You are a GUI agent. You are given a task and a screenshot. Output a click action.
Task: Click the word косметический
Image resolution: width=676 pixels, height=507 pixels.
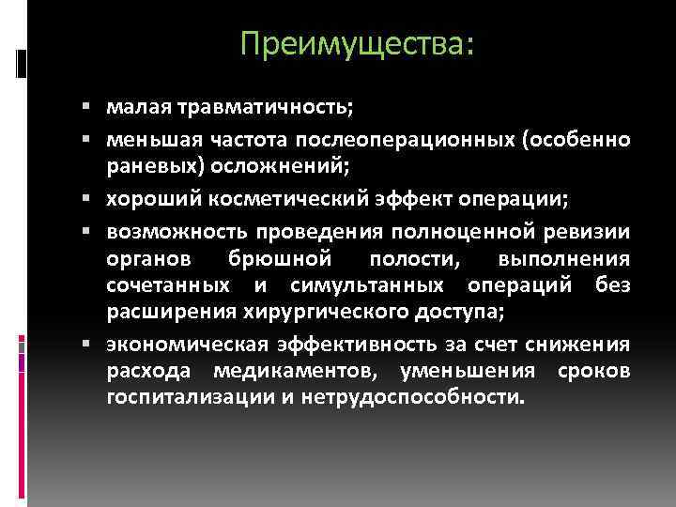pyautogui.click(x=292, y=200)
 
